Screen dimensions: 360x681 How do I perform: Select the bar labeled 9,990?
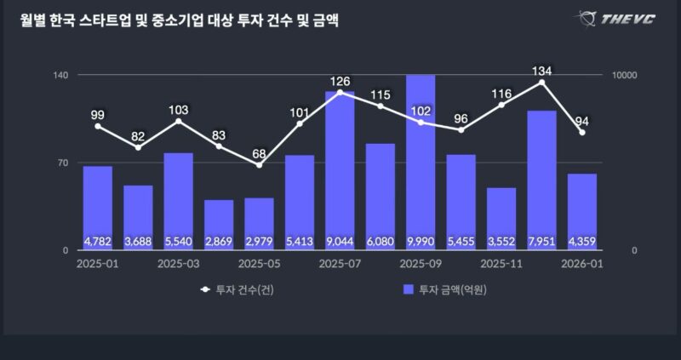click(421, 162)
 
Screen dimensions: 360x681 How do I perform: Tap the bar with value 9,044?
click(340, 170)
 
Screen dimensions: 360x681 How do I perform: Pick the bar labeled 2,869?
click(219, 225)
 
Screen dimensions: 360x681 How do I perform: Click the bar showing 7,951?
click(541, 180)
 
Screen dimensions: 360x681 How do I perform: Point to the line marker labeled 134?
click(541, 82)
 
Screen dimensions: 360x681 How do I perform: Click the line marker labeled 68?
click(259, 164)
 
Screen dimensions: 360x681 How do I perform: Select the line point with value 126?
click(340, 92)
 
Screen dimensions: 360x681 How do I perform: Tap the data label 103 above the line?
click(178, 110)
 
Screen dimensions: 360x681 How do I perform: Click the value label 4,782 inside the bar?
click(98, 242)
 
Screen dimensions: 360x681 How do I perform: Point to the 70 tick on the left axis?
click(62, 163)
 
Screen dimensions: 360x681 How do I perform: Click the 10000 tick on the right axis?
click(625, 76)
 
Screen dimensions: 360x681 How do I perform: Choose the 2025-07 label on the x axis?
click(340, 264)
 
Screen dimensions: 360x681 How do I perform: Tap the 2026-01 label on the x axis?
click(582, 264)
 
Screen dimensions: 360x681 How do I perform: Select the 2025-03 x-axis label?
click(178, 264)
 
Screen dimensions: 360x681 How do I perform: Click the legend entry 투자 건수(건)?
click(243, 290)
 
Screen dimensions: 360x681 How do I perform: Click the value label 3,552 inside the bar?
click(501, 242)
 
